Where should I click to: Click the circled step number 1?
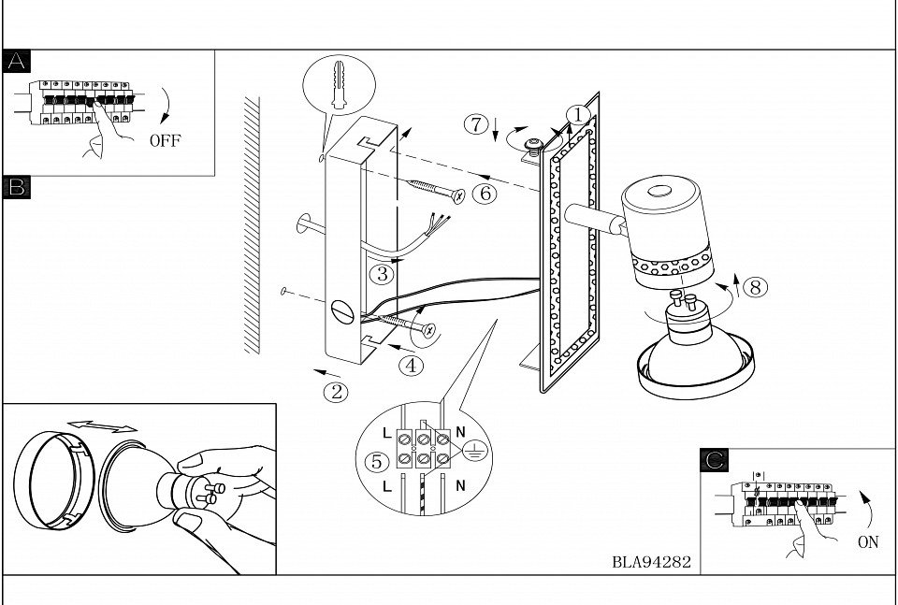click(580, 115)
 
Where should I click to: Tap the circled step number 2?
click(336, 392)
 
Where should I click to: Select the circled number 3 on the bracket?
click(380, 274)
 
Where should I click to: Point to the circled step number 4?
click(411, 366)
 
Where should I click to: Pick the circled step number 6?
click(483, 194)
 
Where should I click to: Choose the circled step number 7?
click(477, 123)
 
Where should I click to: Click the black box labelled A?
click(17, 62)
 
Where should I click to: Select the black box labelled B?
click(17, 186)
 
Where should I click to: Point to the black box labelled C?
click(715, 460)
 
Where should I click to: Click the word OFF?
click(165, 141)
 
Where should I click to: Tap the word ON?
click(867, 542)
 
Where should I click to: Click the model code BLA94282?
click(651, 562)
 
